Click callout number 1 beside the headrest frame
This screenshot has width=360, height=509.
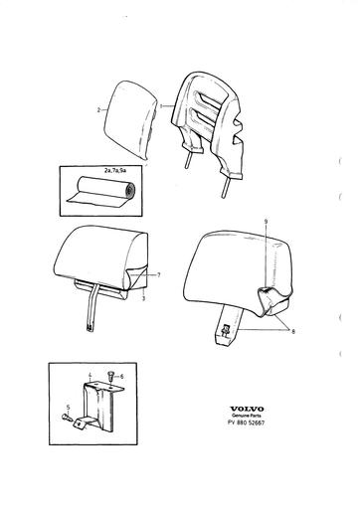(161, 106)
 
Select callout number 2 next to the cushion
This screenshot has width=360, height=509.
(98, 110)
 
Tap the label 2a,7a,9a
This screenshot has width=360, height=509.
(114, 171)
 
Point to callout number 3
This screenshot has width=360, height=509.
(143, 298)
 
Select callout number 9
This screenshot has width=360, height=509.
(267, 221)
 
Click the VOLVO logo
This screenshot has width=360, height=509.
(247, 409)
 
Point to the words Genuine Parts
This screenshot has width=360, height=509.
(247, 416)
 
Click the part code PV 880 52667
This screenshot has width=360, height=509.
(247, 423)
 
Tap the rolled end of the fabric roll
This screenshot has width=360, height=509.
(129, 190)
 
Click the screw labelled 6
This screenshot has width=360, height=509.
(110, 376)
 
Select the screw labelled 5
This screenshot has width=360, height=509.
(67, 417)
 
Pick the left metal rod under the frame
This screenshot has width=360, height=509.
(188, 161)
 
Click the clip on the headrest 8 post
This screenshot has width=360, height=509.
(227, 330)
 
